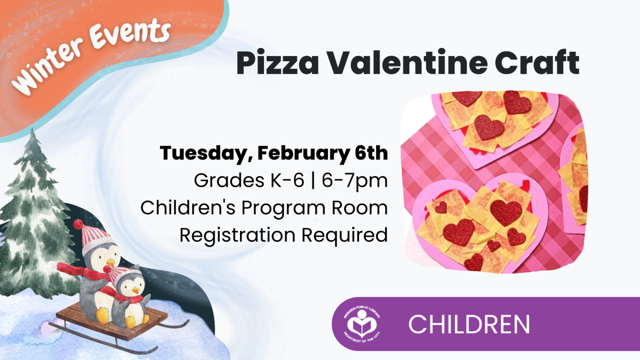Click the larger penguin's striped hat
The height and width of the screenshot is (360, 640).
[96, 237]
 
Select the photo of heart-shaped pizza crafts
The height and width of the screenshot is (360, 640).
[493, 181]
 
